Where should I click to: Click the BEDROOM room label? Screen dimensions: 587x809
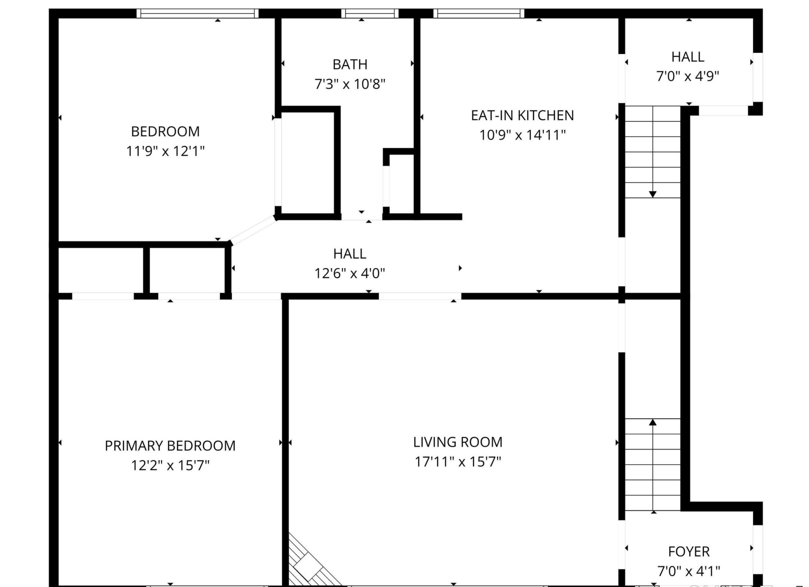point(165,131)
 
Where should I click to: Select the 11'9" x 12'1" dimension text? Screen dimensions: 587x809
point(165,151)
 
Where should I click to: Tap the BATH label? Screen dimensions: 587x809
point(350,65)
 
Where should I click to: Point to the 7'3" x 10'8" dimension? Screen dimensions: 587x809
point(350,84)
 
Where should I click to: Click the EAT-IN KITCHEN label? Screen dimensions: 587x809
point(522,115)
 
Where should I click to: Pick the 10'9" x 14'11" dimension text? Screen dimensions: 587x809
point(522,135)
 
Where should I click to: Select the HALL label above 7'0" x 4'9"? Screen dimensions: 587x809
point(688,57)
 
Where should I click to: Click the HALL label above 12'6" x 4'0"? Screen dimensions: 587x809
point(350,254)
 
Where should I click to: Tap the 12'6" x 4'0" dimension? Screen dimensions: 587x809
point(350,273)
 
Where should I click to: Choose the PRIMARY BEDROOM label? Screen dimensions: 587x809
point(170,446)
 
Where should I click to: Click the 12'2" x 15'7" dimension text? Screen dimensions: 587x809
point(170,465)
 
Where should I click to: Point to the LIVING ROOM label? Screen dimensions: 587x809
point(458,442)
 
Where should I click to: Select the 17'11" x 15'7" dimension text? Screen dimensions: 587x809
point(458,462)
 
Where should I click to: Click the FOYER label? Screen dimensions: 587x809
point(689,551)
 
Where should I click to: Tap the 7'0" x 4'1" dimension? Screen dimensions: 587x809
point(689,571)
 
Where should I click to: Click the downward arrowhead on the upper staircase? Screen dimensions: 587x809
point(653,194)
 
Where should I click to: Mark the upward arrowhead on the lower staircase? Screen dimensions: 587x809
point(653,422)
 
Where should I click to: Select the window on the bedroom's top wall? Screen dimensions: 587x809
point(197,14)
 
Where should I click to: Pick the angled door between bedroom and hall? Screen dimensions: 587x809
point(253,230)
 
